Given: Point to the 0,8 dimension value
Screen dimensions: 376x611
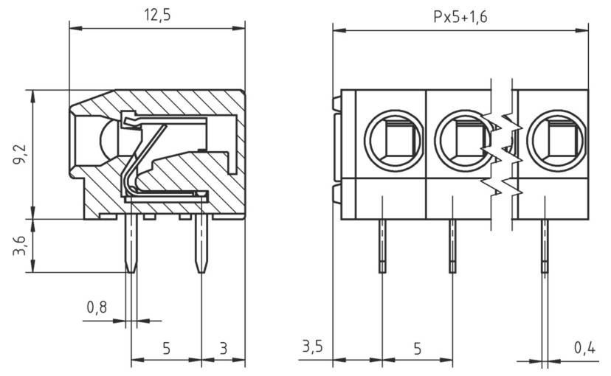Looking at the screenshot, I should point(96,307).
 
